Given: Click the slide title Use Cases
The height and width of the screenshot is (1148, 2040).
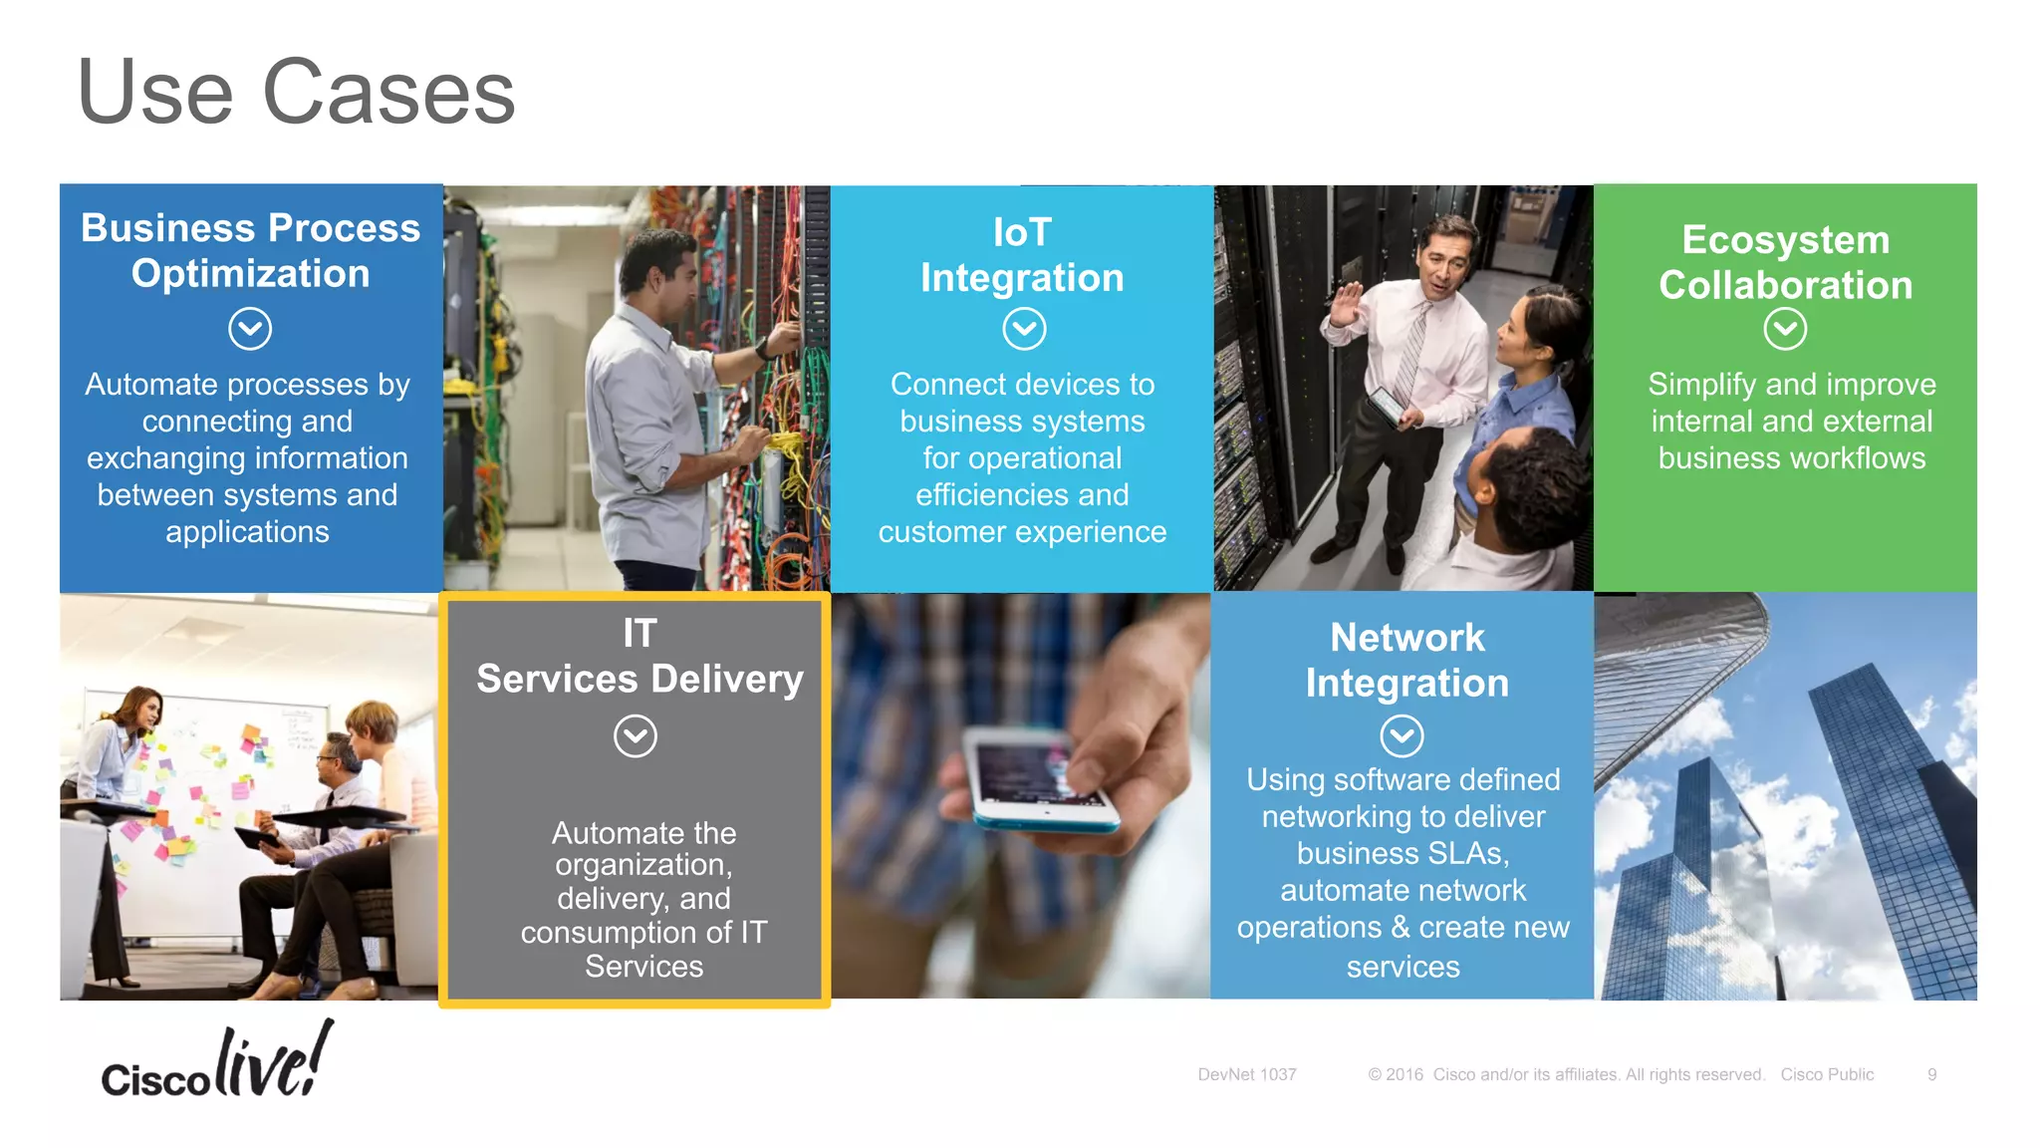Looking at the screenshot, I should click(296, 92).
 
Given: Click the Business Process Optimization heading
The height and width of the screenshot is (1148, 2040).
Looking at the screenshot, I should click(250, 250).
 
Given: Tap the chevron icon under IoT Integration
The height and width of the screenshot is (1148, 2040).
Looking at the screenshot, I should click(1023, 329).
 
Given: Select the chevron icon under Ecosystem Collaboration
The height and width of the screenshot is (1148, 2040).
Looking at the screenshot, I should click(1784, 329).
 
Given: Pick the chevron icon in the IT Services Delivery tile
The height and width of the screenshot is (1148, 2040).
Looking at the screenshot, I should click(635, 736).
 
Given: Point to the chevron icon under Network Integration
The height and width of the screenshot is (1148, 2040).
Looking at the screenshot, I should click(1402, 736).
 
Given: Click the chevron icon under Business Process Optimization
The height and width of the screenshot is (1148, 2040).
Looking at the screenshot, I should click(249, 329).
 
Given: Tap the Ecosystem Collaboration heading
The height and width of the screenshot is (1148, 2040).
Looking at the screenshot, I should click(1785, 262).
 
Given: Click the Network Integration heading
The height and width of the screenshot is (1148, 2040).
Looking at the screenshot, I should click(1406, 660).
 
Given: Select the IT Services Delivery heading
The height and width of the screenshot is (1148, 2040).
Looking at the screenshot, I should click(639, 657).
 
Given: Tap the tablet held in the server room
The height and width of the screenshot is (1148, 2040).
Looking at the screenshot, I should click(1386, 405).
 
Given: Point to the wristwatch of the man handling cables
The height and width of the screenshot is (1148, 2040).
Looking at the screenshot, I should click(762, 349).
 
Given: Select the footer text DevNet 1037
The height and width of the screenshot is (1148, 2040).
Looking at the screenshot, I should click(1246, 1074).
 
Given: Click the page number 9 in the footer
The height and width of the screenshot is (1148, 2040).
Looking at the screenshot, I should click(1931, 1074).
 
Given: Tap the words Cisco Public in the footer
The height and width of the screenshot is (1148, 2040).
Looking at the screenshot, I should click(1827, 1074).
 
